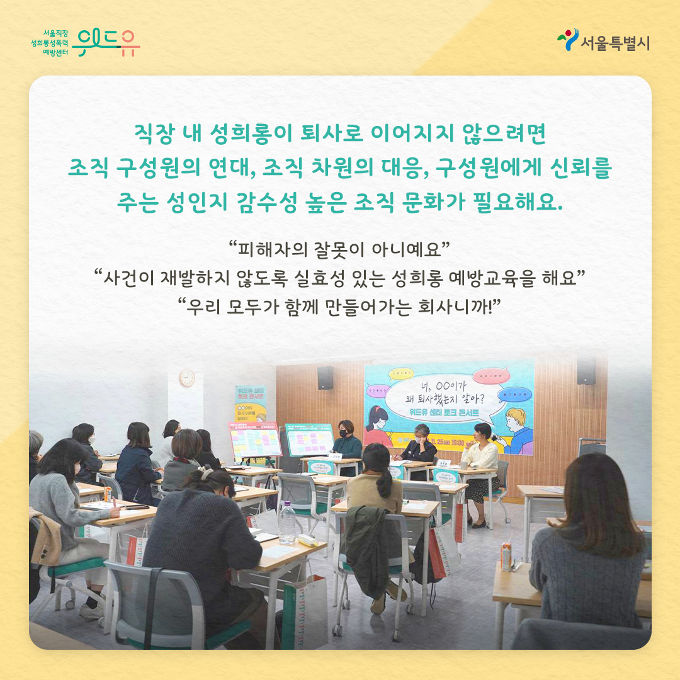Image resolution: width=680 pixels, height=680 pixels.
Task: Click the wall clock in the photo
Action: (187, 378)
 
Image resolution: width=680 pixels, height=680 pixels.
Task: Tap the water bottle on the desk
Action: (287, 522)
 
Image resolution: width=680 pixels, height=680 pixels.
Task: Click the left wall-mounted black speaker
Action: (326, 377)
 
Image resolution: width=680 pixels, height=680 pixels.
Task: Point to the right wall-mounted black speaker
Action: (586, 371)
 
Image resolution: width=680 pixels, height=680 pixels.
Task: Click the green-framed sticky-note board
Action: (310, 439)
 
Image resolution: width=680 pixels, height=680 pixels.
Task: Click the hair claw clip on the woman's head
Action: (207, 472)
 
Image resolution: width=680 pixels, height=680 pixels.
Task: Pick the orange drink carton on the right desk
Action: (506, 557)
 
